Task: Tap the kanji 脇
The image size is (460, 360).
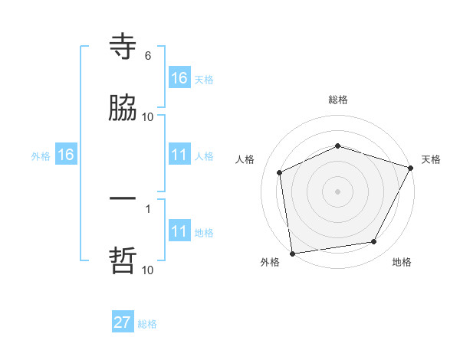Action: tap(123, 110)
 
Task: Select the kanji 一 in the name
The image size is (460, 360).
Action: tap(123, 200)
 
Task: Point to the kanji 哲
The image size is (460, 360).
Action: tap(123, 261)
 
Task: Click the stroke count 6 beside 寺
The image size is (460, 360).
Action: tap(148, 56)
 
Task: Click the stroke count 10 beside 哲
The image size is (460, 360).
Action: tap(148, 270)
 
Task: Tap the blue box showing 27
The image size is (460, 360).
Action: tap(123, 322)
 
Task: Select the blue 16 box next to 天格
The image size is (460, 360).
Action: tap(179, 78)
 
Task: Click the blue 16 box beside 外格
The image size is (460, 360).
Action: tap(66, 155)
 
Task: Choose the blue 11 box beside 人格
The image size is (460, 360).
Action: tap(179, 155)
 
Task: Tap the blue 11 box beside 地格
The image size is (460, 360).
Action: tap(179, 231)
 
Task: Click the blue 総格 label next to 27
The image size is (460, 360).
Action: tap(147, 324)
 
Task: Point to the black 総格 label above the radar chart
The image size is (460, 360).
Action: tap(338, 100)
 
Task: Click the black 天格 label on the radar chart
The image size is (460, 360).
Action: tap(431, 159)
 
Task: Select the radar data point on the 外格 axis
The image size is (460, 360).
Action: tap(292, 253)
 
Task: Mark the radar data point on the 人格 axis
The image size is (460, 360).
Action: tap(280, 172)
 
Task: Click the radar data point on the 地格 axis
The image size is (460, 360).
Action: tap(374, 242)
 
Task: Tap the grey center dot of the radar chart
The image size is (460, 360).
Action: tap(337, 191)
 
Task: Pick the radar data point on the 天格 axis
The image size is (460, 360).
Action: tap(411, 167)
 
